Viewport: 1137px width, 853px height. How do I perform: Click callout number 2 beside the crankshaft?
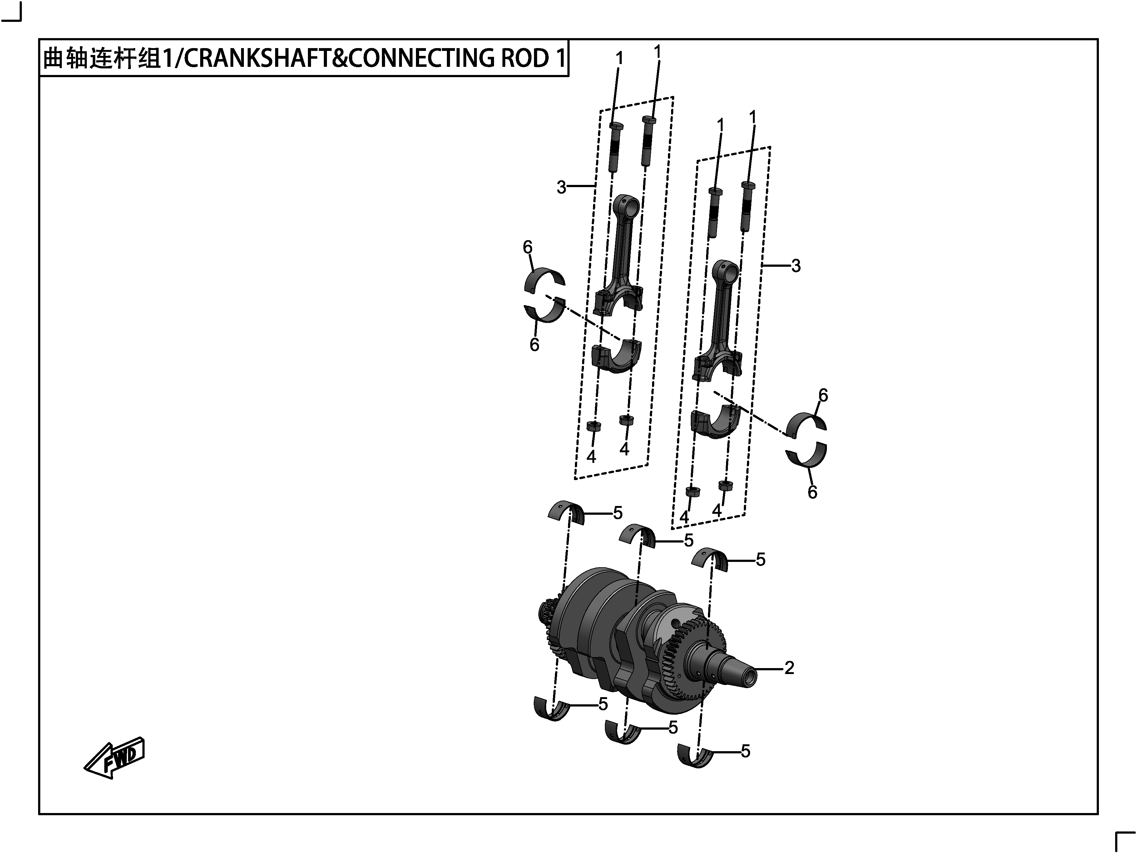pos(789,667)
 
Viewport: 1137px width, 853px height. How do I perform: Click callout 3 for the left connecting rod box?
pos(561,187)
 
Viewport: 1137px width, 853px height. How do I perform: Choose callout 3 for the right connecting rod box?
pos(796,266)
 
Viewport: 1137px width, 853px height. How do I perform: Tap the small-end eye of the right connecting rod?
pos(725,272)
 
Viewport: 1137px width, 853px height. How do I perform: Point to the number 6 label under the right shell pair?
pos(812,492)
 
